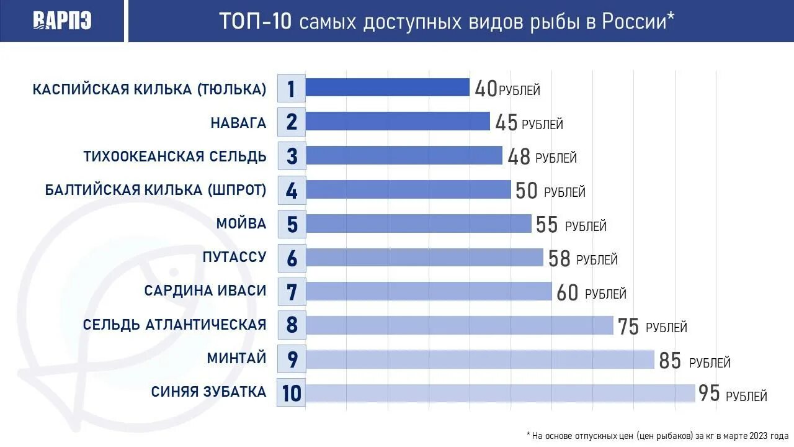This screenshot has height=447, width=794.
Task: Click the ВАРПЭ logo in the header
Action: [62, 21]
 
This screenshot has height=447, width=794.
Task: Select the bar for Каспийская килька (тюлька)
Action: [388, 88]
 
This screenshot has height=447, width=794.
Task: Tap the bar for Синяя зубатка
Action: [500, 393]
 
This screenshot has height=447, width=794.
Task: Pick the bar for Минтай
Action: [480, 359]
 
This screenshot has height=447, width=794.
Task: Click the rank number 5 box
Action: [292, 224]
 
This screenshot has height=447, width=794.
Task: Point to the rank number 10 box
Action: [292, 393]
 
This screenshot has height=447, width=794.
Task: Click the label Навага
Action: [238, 122]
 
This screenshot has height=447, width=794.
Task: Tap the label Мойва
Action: [241, 223]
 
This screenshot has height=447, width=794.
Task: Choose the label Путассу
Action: [234, 257]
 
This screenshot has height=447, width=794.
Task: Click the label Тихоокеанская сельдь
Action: [175, 156]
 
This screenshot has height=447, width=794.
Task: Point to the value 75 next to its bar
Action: [628, 327]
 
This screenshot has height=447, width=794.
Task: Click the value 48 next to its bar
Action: [519, 157]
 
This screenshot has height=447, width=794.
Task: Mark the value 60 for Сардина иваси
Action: [568, 292]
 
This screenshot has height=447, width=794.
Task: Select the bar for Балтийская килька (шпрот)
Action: [408, 189]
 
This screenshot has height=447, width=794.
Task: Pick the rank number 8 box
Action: [292, 325]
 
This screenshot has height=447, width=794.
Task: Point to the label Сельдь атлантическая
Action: [175, 325]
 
